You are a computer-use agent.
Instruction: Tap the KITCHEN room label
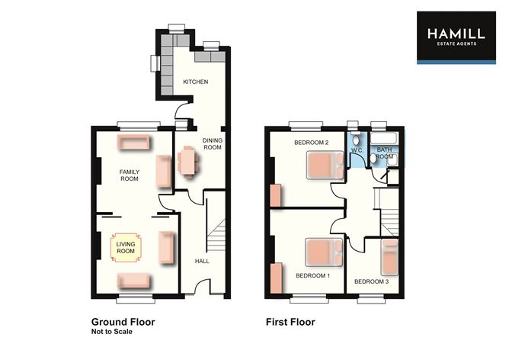click(195, 82)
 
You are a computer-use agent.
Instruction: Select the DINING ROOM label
click(212, 143)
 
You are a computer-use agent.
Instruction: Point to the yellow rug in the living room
click(125, 247)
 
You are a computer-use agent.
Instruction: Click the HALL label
click(202, 261)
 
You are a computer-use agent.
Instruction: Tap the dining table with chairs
click(187, 162)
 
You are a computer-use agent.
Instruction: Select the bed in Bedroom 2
click(325, 165)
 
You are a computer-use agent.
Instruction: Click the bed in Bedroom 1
click(325, 251)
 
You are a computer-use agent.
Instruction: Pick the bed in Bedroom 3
click(389, 256)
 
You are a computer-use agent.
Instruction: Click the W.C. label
click(357, 150)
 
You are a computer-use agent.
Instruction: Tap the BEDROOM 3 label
click(372, 281)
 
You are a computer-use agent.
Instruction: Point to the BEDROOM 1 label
click(312, 275)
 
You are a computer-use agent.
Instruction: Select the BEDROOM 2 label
click(311, 143)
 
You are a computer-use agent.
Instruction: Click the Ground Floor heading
click(123, 322)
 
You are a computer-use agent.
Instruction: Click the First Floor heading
click(290, 322)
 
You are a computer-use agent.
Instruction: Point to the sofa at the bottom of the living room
click(135, 280)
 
